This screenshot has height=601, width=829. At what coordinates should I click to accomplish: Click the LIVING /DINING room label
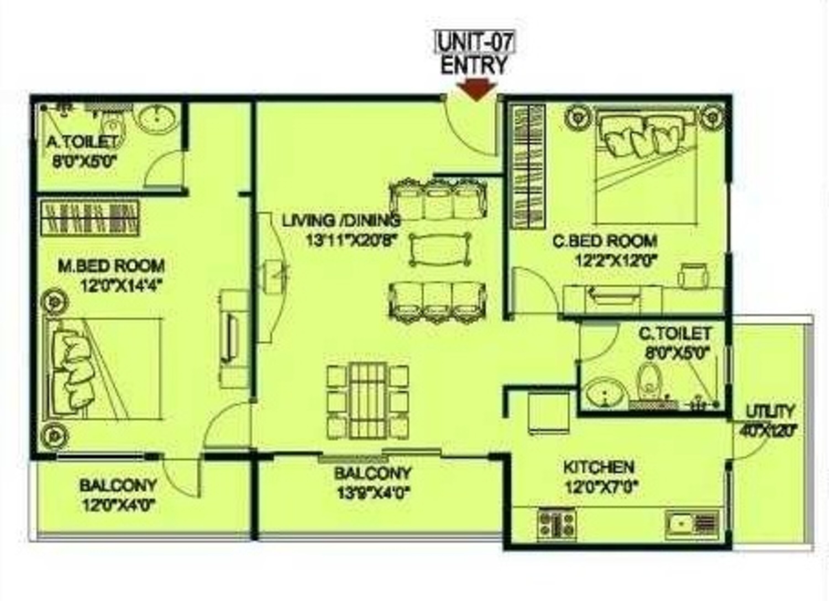(341, 221)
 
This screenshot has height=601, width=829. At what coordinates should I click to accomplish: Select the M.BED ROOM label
(111, 266)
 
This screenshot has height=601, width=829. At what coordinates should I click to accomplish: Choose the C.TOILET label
(674, 333)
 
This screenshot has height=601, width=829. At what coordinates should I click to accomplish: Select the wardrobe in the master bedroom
(90, 218)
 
